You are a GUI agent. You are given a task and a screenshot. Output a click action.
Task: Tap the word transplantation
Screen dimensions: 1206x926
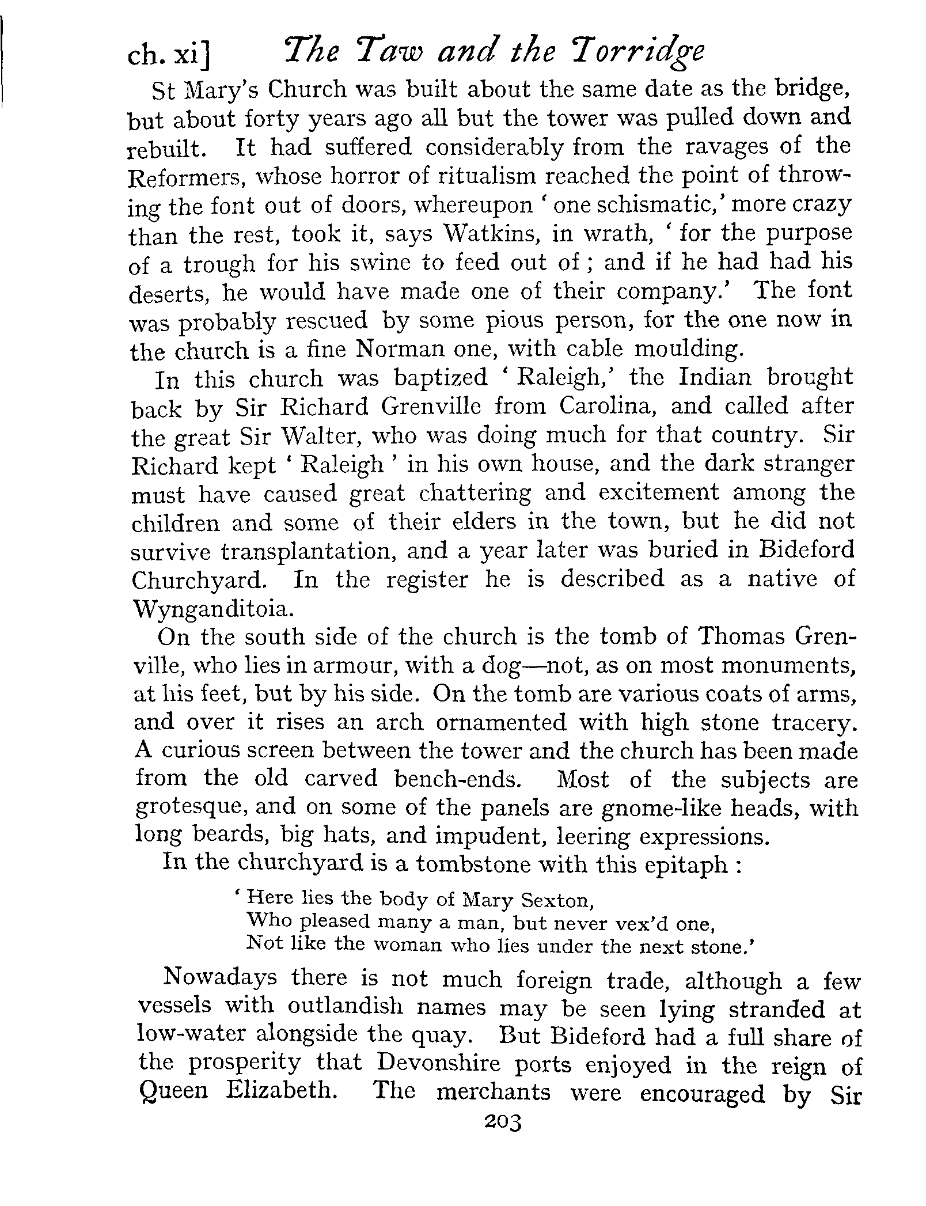tap(308, 551)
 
